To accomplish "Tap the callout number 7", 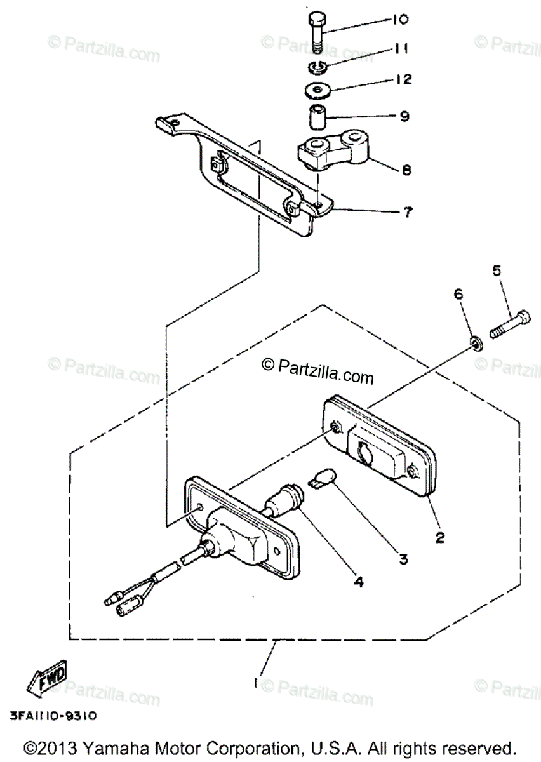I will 404,212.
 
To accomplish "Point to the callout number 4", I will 359,580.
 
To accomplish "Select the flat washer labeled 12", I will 317,90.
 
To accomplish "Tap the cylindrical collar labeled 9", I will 317,118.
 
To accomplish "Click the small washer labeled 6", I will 474,344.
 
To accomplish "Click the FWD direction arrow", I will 46,681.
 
